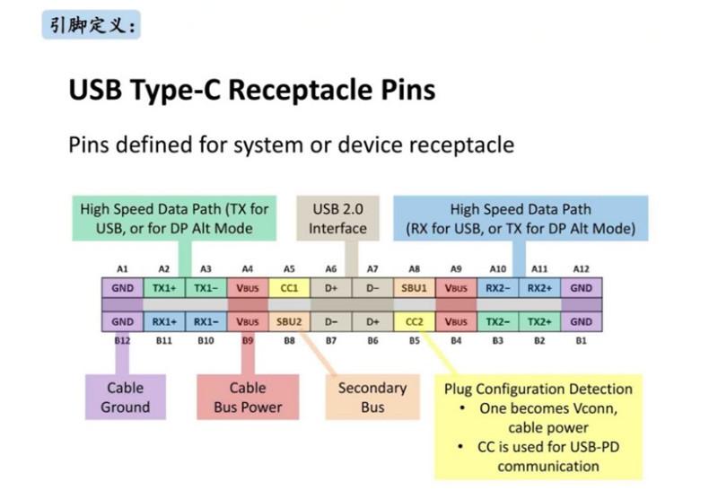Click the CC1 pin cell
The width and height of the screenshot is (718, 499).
tap(289, 288)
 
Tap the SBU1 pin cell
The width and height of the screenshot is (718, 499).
tap(414, 288)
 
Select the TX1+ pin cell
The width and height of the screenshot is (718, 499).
tap(164, 288)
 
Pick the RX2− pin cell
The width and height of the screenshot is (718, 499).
tap(498, 288)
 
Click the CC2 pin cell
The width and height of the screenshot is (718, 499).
tap(414, 321)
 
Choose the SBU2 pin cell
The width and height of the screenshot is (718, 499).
tap(289, 321)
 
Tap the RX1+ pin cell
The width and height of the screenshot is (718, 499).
tap(164, 321)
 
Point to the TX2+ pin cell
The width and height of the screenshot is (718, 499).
tap(539, 321)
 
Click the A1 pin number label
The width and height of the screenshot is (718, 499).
tap(122, 268)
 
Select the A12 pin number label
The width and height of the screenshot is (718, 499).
tap(581, 268)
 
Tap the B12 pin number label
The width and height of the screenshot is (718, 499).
tap(122, 341)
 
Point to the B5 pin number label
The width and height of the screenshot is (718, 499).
tap(414, 341)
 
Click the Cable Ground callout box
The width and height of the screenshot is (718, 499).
tap(126, 397)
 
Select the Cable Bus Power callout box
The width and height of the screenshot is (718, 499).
tap(248, 397)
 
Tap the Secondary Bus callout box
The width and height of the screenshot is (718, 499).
tap(372, 397)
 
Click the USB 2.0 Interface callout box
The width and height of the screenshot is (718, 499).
tap(338, 218)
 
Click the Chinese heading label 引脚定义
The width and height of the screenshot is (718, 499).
tap(92, 25)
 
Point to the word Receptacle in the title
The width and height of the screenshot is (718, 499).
tap(301, 90)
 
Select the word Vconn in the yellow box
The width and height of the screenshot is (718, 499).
tap(591, 407)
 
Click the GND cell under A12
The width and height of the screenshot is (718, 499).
tap(581, 288)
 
